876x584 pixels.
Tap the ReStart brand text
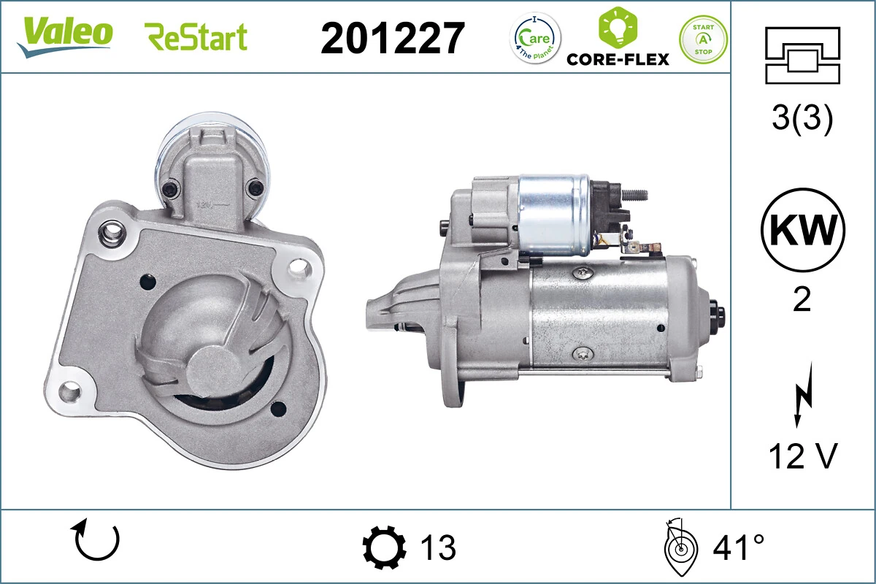point(196,36)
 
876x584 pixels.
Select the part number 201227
point(393,38)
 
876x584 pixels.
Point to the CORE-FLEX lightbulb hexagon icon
point(617,27)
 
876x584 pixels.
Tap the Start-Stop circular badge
point(703,39)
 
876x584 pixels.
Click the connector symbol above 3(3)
point(802,55)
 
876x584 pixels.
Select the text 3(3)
point(802,120)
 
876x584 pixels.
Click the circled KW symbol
point(802,230)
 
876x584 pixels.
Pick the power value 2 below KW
point(802,300)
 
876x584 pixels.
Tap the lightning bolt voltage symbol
point(802,398)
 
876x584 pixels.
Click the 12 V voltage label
point(802,456)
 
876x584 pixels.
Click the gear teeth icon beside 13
point(384,547)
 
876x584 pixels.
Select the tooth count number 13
point(438,547)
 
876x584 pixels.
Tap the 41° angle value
point(739,547)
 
